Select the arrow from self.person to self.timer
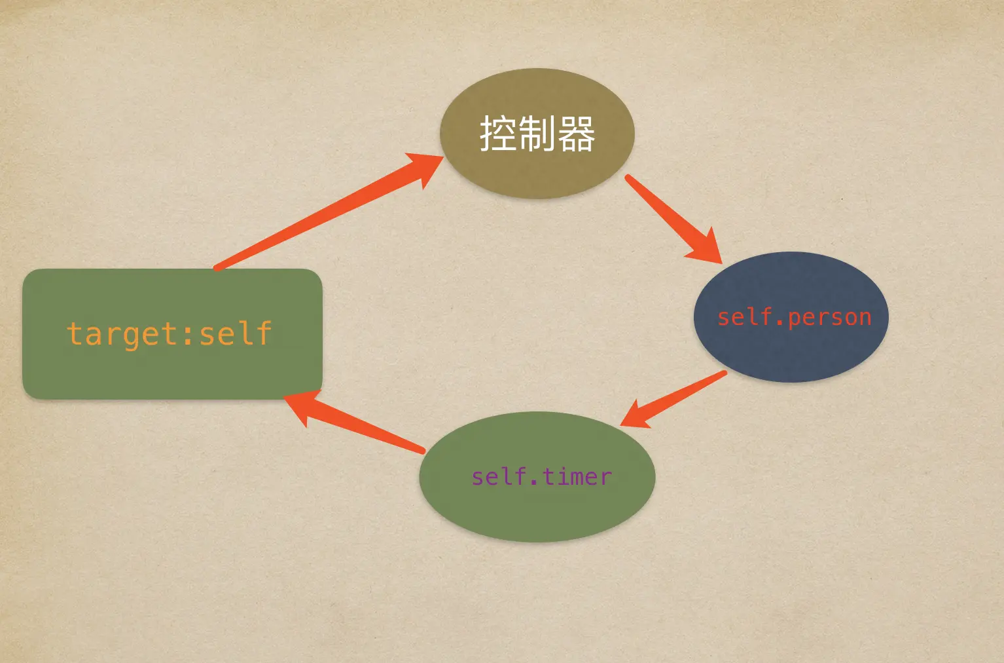coord(681,396)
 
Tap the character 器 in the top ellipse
coord(576,134)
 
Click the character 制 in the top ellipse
coord(537,134)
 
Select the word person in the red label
coord(830,318)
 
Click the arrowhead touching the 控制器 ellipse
coord(425,168)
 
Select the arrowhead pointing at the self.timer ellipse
coord(635,417)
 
